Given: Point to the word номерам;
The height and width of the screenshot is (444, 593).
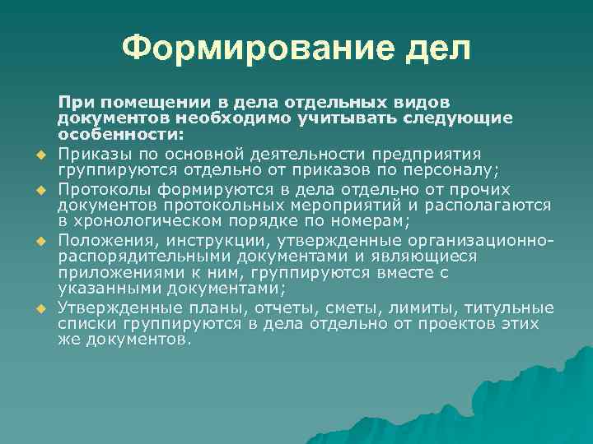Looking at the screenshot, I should point(376,222).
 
